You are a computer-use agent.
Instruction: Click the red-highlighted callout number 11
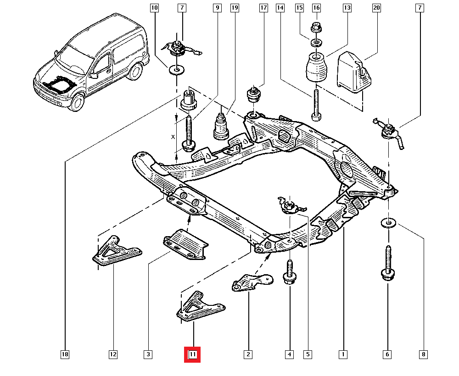click(x=192, y=354)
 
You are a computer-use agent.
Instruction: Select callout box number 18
click(x=65, y=354)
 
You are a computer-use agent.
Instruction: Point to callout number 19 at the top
click(x=235, y=8)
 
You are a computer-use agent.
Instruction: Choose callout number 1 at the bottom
click(x=342, y=354)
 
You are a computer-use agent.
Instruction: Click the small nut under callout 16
click(x=316, y=27)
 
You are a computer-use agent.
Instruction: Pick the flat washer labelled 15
click(x=316, y=43)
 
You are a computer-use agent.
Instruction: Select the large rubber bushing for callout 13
click(x=316, y=68)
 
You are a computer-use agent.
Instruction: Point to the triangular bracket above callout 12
click(x=115, y=251)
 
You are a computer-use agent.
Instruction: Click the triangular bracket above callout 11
click(x=197, y=306)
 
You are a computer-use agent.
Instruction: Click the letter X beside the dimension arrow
click(x=173, y=137)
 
